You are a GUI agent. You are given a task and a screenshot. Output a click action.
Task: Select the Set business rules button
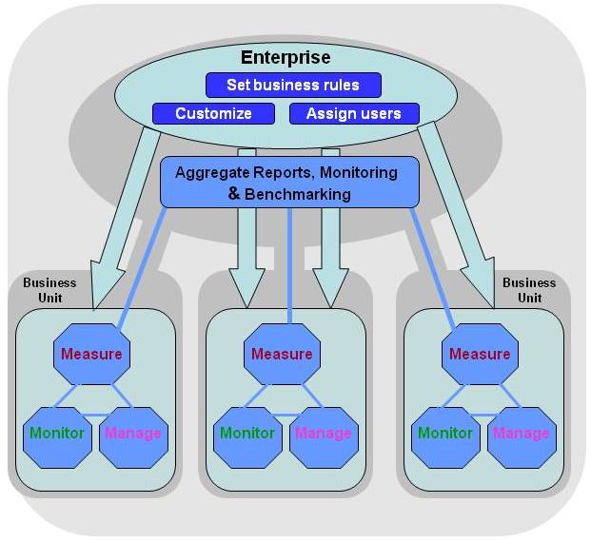pyautogui.click(x=293, y=85)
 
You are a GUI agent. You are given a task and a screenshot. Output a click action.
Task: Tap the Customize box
pyautogui.click(x=213, y=113)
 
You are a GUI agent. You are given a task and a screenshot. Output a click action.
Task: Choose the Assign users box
pyautogui.click(x=353, y=113)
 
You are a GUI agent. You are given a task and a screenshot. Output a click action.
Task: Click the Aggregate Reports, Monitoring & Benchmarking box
pyautogui.click(x=290, y=182)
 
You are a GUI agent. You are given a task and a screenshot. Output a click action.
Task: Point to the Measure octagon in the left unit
pyautogui.click(x=91, y=354)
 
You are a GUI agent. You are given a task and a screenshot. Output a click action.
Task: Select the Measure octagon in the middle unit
pyautogui.click(x=282, y=354)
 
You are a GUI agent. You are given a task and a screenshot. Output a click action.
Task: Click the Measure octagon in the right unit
pyautogui.click(x=480, y=354)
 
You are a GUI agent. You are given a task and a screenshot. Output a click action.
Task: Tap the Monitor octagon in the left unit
pyautogui.click(x=56, y=434)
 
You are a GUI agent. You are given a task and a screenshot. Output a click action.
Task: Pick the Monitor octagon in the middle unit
pyautogui.click(x=247, y=434)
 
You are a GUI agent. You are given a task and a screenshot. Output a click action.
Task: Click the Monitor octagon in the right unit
pyautogui.click(x=445, y=434)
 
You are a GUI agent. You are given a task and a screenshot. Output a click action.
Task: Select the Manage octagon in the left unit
pyautogui.click(x=133, y=434)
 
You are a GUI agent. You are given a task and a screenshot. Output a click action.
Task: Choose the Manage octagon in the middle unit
pyautogui.click(x=324, y=434)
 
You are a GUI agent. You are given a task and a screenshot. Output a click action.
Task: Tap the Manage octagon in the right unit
pyautogui.click(x=521, y=434)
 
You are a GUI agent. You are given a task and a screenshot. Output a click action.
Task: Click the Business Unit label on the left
pyautogui.click(x=49, y=289)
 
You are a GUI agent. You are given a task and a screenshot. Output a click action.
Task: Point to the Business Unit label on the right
pyautogui.click(x=529, y=289)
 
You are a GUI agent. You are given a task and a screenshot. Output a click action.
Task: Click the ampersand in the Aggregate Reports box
pyautogui.click(x=234, y=193)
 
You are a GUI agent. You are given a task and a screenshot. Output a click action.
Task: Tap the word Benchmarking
pyautogui.click(x=298, y=194)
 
